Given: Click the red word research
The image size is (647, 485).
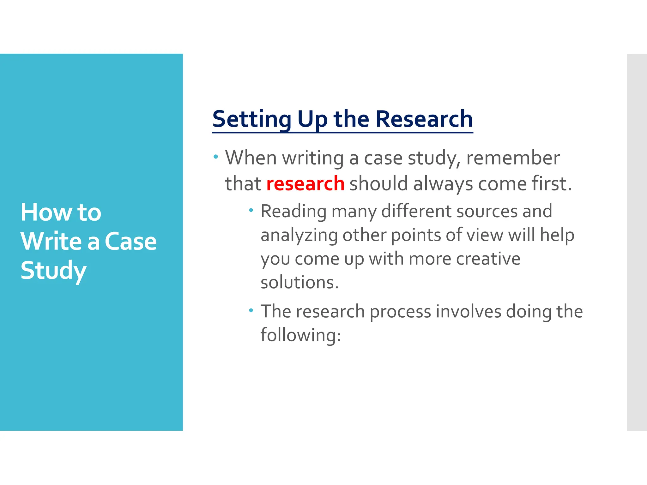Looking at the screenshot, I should (305, 184).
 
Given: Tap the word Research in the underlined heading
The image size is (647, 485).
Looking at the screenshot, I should (424, 119).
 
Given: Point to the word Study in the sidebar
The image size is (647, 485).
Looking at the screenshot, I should (53, 271).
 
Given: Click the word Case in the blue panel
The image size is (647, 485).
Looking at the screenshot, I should (130, 242).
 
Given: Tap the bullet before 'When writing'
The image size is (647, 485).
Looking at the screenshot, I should (216, 157).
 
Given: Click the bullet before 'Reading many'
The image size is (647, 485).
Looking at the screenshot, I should (251, 210).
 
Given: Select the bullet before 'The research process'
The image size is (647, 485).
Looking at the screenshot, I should (251, 310).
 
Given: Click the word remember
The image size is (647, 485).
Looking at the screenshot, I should (513, 158).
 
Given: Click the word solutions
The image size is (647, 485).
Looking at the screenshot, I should (299, 282).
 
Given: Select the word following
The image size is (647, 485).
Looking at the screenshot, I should (300, 335).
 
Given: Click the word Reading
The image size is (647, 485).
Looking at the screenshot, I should (293, 212).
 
